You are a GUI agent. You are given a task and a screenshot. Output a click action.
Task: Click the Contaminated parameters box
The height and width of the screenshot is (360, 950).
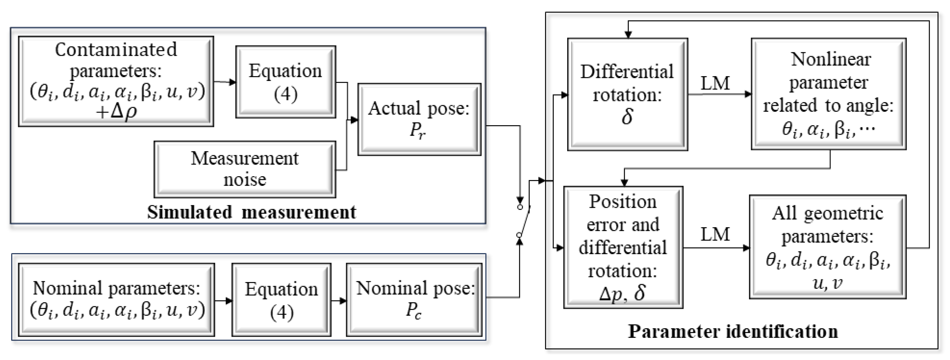pos(116,82)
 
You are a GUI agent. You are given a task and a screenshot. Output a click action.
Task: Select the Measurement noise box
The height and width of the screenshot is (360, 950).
pos(245,169)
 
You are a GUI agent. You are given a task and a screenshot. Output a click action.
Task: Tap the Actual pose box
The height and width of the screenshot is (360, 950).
pos(419,119)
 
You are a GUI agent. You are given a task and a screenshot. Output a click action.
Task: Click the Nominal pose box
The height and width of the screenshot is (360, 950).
pos(414,300)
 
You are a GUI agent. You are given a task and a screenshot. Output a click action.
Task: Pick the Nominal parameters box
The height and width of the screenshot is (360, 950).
pos(116,300)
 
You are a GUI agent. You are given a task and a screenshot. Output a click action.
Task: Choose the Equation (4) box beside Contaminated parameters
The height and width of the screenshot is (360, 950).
pos(286,82)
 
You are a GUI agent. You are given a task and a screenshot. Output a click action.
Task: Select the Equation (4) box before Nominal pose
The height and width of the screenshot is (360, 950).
pos(281,300)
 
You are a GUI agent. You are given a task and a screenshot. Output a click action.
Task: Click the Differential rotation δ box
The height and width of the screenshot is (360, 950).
pos(627,94)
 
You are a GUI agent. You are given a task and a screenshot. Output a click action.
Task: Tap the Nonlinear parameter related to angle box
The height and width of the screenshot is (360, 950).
pos(828,94)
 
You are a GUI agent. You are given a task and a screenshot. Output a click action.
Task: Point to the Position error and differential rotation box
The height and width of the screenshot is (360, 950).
pos(623,247)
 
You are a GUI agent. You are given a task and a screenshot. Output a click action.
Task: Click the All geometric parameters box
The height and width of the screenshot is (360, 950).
pos(828,247)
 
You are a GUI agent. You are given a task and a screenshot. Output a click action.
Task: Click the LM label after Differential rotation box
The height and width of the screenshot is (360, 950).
pos(715,83)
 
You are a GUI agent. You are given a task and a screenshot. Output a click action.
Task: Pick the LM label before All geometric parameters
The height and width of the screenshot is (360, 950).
pos(715,234)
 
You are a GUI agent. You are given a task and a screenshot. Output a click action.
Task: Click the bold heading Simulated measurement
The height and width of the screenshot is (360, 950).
pos(252,213)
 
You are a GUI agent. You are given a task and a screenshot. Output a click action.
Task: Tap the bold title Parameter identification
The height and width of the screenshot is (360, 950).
pos(733,331)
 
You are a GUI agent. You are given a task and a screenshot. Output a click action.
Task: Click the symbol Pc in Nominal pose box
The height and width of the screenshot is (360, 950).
pos(413,311)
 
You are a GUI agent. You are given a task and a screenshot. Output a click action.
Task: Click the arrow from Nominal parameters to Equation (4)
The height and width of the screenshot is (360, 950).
pos(223,301)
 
